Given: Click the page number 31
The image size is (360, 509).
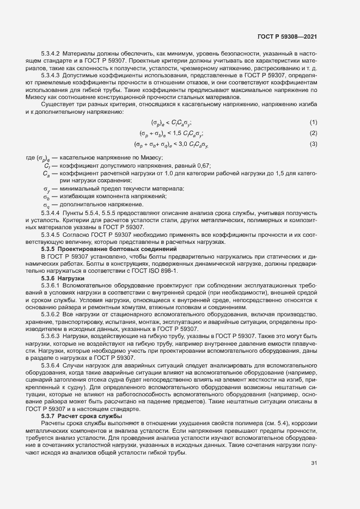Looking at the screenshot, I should [x=314, y=463].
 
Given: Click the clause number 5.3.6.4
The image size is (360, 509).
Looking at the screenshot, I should [x=51, y=364].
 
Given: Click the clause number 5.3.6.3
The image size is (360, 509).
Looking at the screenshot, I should [x=51, y=336].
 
